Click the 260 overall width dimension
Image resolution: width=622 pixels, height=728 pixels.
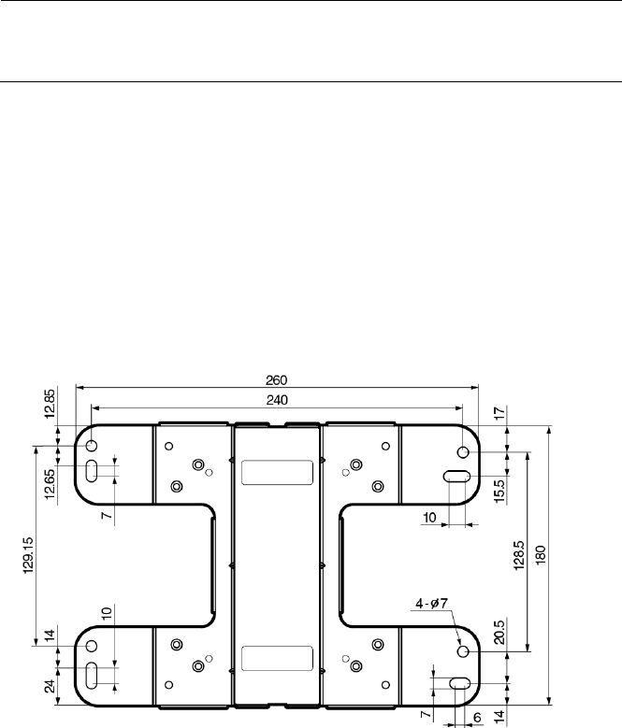coord(277,380)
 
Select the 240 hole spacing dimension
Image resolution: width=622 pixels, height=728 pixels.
coord(277,400)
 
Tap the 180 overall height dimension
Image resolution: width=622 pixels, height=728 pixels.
coord(541,555)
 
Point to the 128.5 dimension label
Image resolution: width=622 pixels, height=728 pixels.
coord(519,555)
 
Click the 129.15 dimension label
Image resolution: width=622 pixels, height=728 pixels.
coord(29,555)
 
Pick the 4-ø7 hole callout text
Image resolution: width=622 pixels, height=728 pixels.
coord(431,604)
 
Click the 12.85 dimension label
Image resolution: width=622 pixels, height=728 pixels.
coord(50,404)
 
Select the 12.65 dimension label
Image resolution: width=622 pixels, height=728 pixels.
coord(50,484)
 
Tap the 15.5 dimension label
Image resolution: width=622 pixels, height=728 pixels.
coord(499,492)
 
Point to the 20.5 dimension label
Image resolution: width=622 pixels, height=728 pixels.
coord(499,633)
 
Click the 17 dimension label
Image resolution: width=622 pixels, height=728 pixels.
coord(499,412)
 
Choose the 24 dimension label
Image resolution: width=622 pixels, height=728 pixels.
coord(50,686)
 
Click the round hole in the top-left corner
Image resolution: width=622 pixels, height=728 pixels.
coord(92,446)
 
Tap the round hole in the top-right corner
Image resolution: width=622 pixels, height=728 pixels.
coord(463,451)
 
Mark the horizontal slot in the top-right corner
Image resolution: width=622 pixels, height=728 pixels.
coord(456,477)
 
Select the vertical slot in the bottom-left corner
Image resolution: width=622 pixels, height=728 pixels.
coord(92,676)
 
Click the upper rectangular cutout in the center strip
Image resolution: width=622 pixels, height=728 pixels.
coord(277,473)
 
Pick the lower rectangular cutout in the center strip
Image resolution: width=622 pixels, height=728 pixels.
coord(277,658)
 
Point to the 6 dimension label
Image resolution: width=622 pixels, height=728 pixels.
coord(477,718)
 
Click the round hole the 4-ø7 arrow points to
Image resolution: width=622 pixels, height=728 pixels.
coord(463,651)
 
